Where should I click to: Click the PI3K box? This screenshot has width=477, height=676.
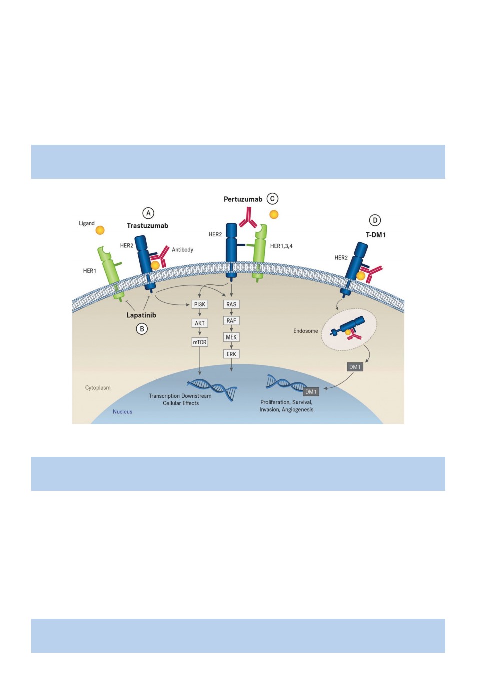point(199,304)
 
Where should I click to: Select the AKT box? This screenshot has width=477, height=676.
point(199,323)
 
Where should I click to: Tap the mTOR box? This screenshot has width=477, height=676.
point(199,342)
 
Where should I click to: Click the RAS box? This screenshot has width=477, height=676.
point(231,304)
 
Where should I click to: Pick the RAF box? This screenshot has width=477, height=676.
point(231,321)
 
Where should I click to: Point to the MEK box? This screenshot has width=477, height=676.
point(231,337)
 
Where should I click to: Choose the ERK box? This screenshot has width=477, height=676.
point(231,354)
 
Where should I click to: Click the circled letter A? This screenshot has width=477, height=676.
point(148,213)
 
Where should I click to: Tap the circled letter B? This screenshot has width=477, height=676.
point(142,329)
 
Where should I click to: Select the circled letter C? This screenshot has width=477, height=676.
point(272,199)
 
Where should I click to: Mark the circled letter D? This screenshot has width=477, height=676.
point(375,220)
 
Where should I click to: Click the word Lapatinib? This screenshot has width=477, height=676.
point(141,315)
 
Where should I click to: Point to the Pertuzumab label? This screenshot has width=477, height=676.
point(243,199)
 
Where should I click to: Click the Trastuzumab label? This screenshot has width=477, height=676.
point(147,226)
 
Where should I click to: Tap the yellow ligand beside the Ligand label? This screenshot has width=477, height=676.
point(100,230)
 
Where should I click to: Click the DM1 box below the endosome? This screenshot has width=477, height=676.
point(355,367)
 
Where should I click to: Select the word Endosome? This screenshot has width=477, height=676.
point(306,331)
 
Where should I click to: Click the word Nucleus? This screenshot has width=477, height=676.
point(122,411)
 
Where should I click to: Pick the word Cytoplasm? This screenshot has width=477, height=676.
point(98,388)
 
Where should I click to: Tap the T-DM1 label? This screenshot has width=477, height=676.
point(376,235)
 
